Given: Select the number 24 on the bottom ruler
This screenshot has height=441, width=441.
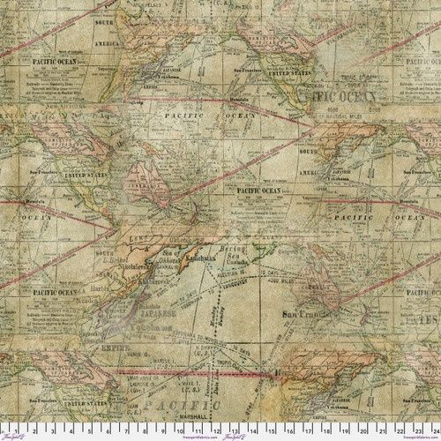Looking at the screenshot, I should pyautogui.click(x=431, y=434).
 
